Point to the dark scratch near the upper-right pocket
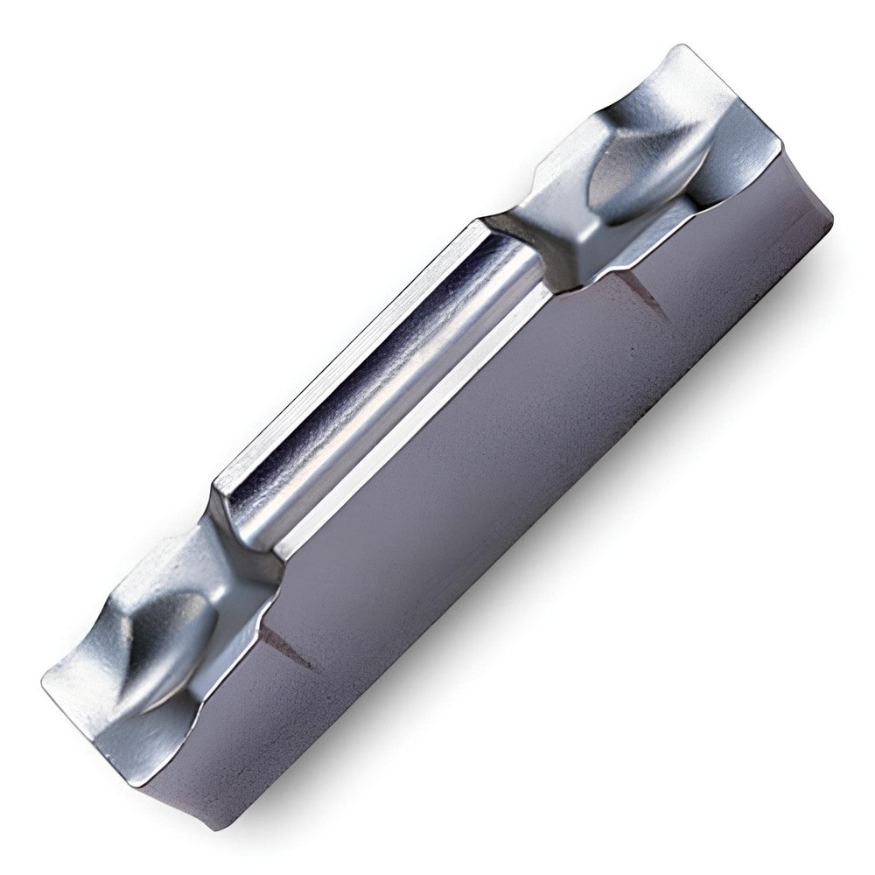tap(643, 293)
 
